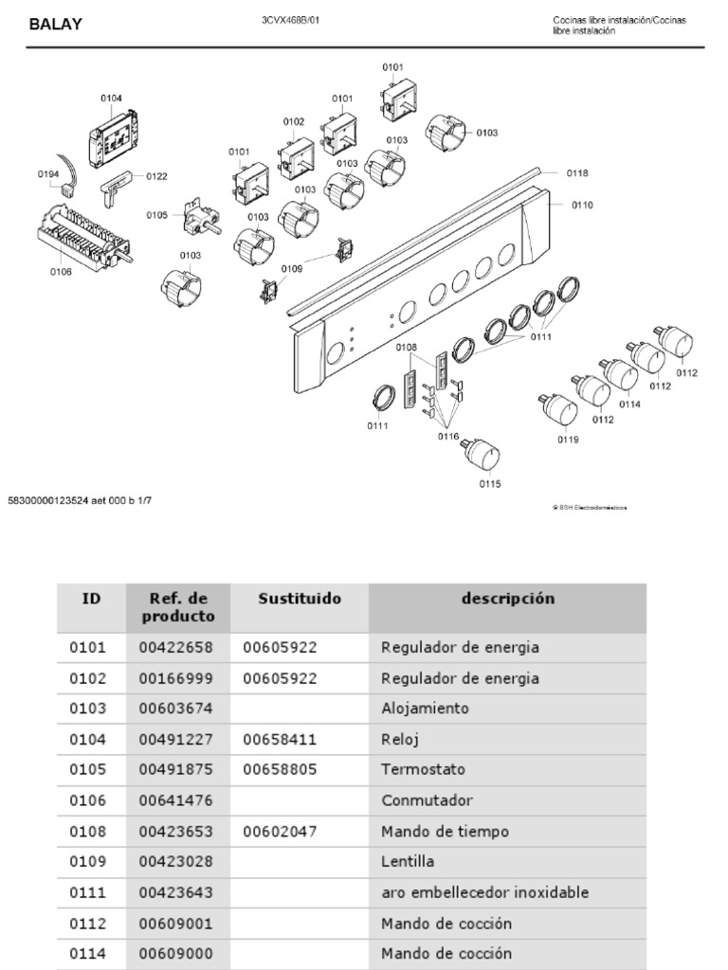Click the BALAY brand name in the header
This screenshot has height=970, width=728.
[55, 25]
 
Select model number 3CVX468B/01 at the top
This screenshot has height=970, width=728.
[291, 20]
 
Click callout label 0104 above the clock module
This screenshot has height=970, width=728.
[111, 98]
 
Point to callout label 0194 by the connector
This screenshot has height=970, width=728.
[48, 173]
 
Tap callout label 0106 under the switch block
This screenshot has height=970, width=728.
[61, 272]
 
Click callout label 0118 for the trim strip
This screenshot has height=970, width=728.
[577, 173]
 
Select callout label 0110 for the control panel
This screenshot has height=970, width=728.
[582, 205]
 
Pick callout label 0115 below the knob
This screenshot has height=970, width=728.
[490, 484]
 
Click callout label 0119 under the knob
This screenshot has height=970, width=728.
[568, 439]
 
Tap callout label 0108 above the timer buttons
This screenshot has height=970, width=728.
[407, 348]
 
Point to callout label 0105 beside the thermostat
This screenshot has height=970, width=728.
[156, 215]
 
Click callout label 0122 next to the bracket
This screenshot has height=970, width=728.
[156, 176]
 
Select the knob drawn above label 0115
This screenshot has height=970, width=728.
[483, 454]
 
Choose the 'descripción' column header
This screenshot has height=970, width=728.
[508, 599]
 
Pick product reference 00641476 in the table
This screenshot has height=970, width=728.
[175, 800]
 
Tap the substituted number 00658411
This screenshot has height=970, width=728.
[280, 739]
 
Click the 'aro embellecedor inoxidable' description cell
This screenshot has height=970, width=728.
[484, 892]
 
